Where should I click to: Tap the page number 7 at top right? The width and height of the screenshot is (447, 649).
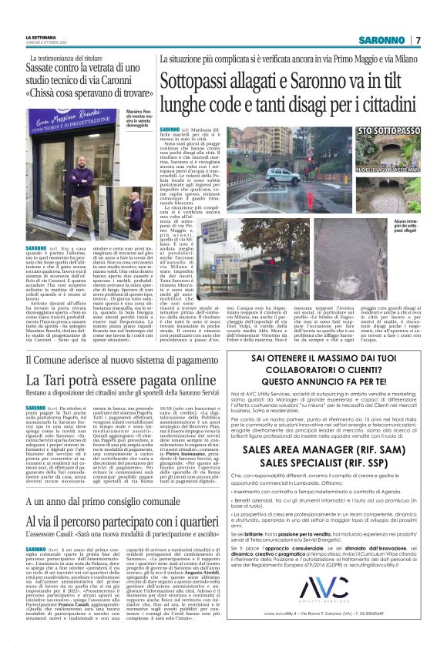click(418, 40)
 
